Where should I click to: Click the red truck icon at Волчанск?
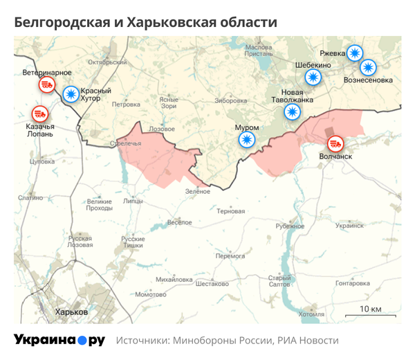click(x=335, y=144)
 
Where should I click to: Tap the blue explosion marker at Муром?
click(x=246, y=141)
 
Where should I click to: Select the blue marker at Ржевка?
click(x=354, y=53)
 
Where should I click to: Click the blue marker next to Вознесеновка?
click(x=368, y=67)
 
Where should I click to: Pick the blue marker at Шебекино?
click(x=314, y=78)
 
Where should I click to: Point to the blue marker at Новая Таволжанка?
click(x=294, y=113)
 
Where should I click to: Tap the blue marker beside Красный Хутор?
click(x=71, y=95)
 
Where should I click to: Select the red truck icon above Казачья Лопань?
click(x=39, y=113)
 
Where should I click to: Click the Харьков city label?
click(x=72, y=312)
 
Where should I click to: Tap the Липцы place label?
click(x=133, y=201)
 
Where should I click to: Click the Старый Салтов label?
click(x=279, y=281)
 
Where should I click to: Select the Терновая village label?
click(x=230, y=210)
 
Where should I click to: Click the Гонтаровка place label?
click(x=353, y=283)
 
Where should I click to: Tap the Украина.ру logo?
click(x=59, y=341)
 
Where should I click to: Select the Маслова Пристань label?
click(x=259, y=51)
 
